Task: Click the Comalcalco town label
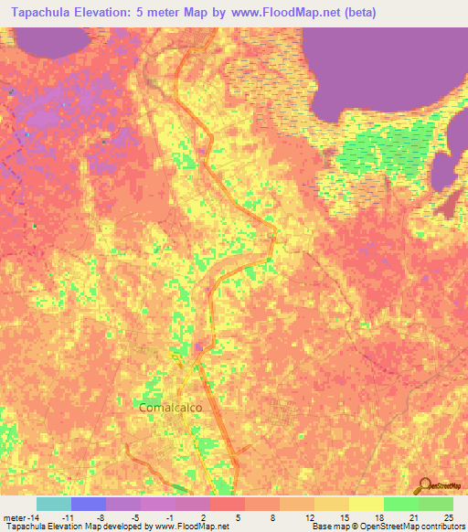point(169,408)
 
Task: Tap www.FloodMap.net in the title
point(278,13)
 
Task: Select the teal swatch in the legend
point(54,504)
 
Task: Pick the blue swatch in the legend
point(89,504)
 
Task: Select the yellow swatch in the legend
point(367,504)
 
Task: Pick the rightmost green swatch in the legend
point(436,504)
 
